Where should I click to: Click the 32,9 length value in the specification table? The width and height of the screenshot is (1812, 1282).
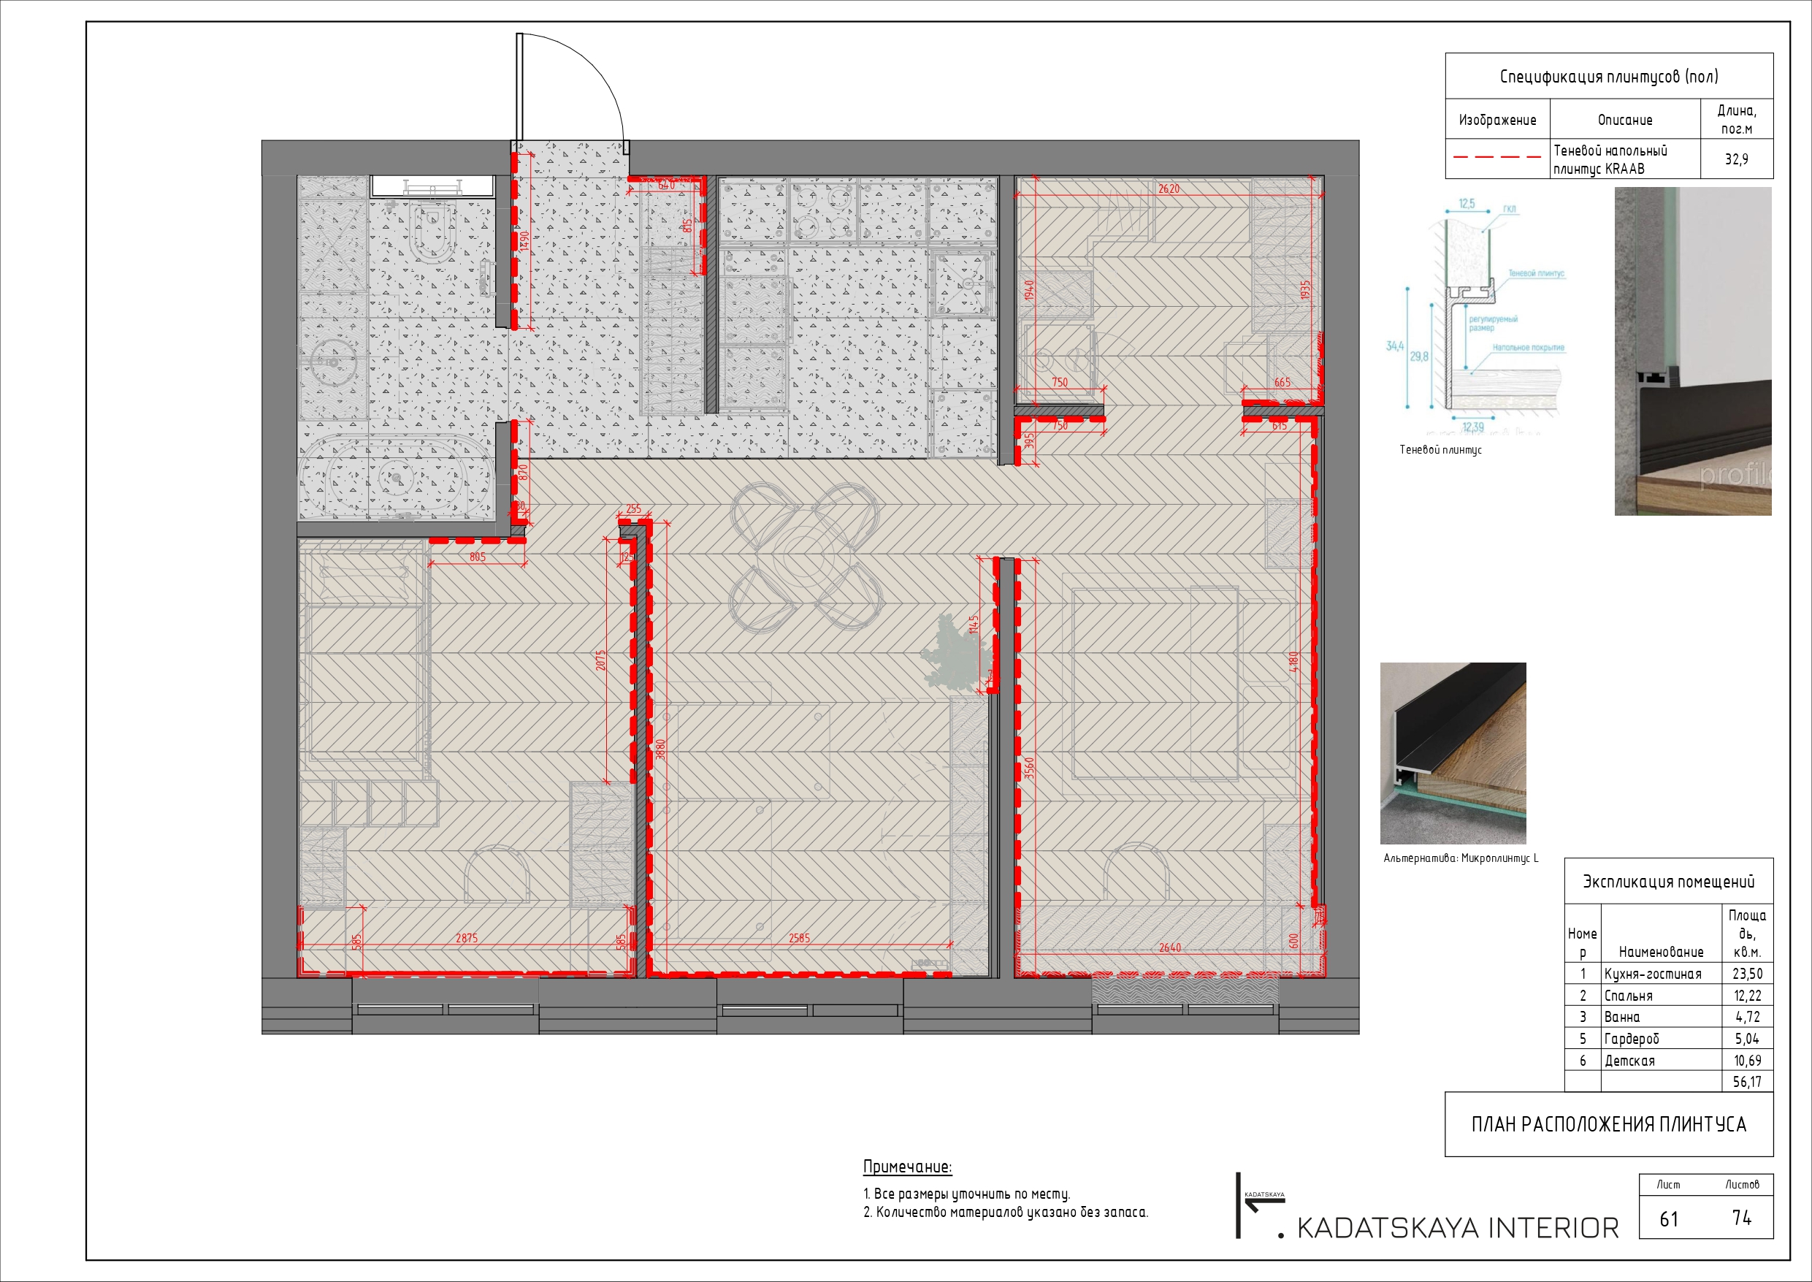coord(1736,159)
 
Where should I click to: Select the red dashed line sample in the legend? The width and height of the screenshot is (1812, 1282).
coord(1496,157)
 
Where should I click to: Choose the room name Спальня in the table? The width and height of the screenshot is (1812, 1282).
coord(1628,996)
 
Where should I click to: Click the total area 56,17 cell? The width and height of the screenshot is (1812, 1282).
coord(1746,1083)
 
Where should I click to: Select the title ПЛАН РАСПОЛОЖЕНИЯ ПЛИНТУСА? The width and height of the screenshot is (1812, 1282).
coord(1608,1125)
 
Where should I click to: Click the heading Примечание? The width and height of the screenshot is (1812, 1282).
coord(908,1167)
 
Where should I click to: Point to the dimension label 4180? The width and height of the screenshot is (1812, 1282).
coord(1293,663)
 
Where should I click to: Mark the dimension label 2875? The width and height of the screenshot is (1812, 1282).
coord(467,938)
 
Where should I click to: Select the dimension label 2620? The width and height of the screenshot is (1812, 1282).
coord(1169,188)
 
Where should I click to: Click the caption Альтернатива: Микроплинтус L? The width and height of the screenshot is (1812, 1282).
coord(1461,858)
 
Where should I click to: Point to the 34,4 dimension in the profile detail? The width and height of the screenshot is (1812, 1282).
coord(1394,346)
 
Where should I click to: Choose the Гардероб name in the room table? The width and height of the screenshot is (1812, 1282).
coord(1632,1039)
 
